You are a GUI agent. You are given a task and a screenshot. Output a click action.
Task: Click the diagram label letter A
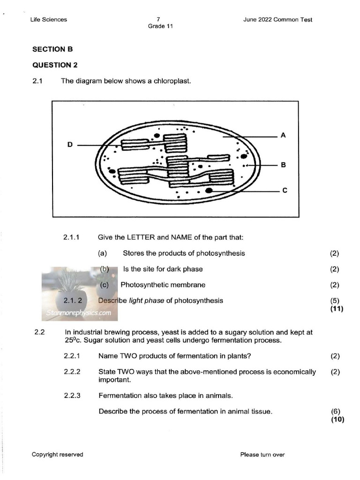[x=283, y=135]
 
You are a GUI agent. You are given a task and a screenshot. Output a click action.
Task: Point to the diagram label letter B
[x=283, y=165]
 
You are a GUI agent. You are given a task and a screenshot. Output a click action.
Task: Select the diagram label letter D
[x=70, y=145]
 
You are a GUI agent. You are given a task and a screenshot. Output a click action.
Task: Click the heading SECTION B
[x=52, y=49]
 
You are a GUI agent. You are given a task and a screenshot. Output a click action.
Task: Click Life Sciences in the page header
[x=48, y=20]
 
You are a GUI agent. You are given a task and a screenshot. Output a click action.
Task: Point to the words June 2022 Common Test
[x=277, y=20]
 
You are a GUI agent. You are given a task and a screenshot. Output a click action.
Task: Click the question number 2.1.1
[x=72, y=238]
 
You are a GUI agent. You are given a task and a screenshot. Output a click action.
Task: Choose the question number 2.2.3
[x=72, y=396]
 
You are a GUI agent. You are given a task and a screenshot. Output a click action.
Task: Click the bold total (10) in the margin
[x=337, y=420]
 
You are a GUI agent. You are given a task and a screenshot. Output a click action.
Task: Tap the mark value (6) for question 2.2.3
[x=335, y=412]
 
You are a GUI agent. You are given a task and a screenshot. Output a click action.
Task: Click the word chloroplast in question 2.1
[x=174, y=81]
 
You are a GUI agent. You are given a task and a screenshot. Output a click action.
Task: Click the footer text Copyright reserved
[x=57, y=454]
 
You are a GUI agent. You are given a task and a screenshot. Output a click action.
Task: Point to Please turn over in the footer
[x=262, y=454]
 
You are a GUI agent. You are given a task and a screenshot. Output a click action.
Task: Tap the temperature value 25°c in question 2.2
[x=72, y=341]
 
